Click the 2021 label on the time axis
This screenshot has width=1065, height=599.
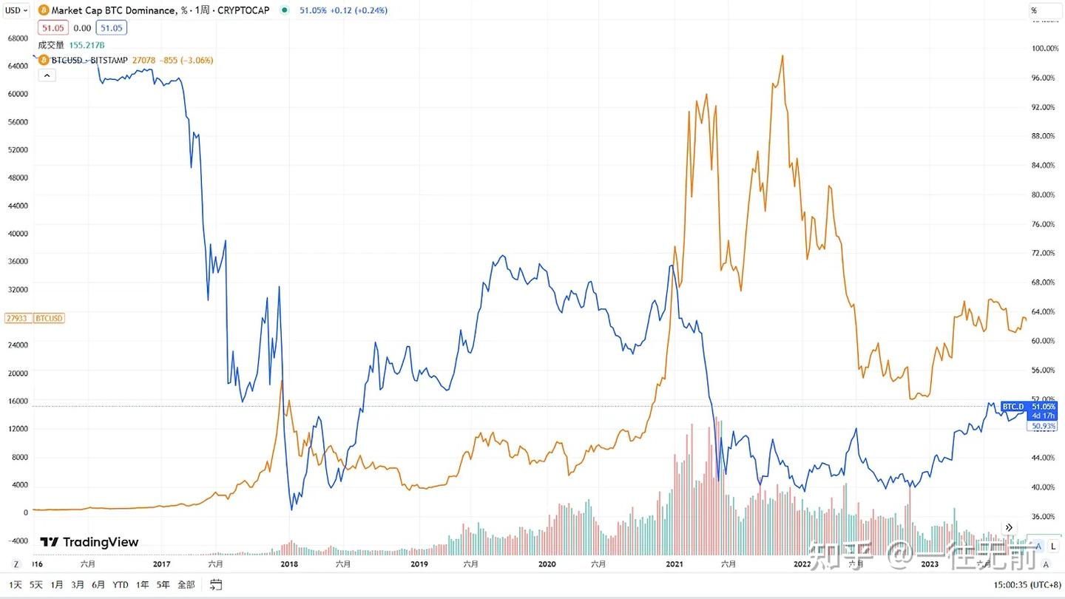(x=674, y=564)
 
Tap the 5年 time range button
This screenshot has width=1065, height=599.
(x=163, y=585)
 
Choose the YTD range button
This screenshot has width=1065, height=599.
(x=121, y=585)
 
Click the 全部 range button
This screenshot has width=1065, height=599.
(x=186, y=585)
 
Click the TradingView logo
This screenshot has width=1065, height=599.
(x=89, y=542)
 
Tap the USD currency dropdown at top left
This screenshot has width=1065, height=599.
(x=16, y=10)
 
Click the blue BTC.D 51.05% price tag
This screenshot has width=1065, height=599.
(x=1029, y=407)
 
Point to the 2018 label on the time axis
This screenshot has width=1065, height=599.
(x=289, y=564)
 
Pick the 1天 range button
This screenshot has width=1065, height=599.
(x=16, y=585)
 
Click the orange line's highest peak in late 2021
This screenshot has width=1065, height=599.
(x=782, y=55)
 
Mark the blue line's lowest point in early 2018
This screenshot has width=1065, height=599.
(x=291, y=510)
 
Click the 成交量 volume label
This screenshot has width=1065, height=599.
(x=51, y=45)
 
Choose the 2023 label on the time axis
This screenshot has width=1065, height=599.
(x=930, y=564)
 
